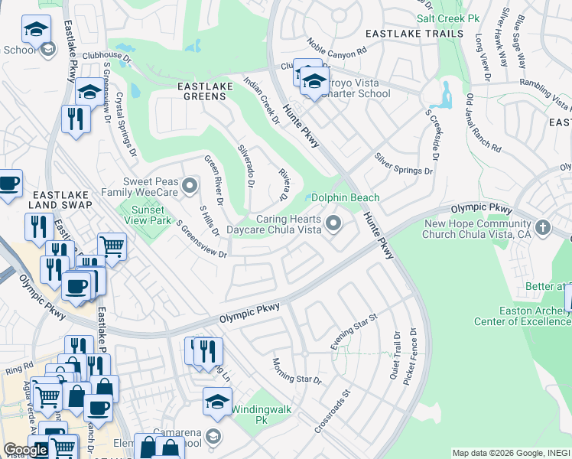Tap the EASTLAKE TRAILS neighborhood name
[x=414, y=34]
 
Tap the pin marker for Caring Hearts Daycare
[x=333, y=223]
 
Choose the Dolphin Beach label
[x=345, y=197]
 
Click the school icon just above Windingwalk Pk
[x=217, y=401]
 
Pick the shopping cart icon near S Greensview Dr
[x=112, y=246]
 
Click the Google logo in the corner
[x=25, y=450]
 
